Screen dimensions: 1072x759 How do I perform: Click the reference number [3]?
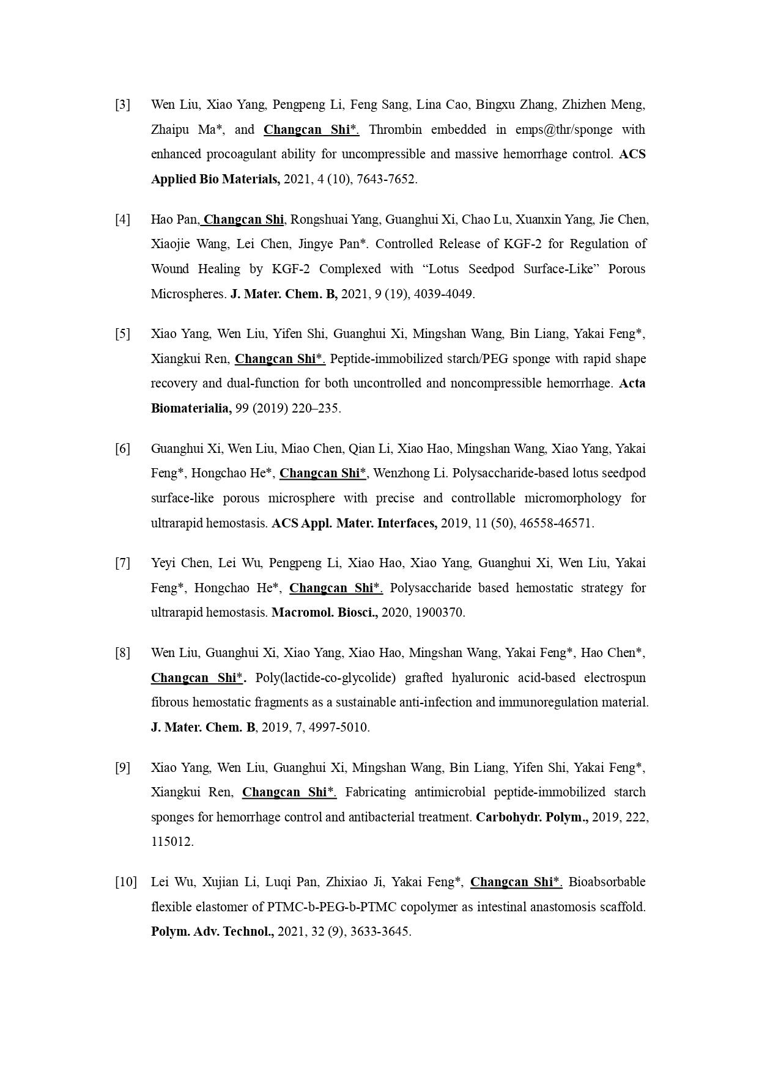click(122, 105)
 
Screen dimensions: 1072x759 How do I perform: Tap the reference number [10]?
click(125, 882)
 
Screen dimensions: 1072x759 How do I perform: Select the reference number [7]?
click(122, 563)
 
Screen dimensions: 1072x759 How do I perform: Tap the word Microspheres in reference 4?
click(188, 294)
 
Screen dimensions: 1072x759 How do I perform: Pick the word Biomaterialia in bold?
click(191, 408)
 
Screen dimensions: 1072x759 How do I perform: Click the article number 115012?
click(172, 842)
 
